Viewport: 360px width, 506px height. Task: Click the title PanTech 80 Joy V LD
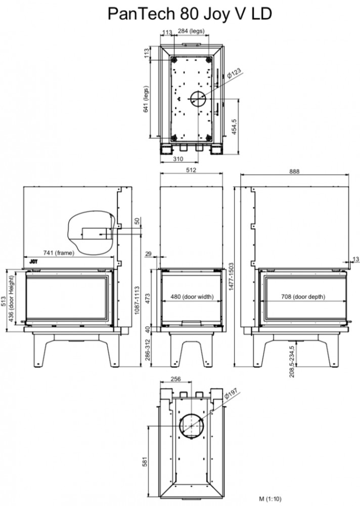point(190,14)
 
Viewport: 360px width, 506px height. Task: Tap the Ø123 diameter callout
point(234,73)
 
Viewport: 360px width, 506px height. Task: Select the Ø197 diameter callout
point(231,393)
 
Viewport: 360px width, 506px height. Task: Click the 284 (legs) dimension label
point(191,31)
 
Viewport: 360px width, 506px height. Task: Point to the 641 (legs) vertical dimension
point(146,99)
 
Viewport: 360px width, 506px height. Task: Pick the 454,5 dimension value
point(234,126)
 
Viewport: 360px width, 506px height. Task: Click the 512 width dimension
point(191,170)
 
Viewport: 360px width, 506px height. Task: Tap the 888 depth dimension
point(294,172)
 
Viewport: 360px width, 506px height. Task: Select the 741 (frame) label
point(59,252)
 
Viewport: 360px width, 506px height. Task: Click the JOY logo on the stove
point(33,262)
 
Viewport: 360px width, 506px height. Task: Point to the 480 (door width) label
point(192,297)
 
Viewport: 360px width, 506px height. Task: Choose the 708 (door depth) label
point(303,297)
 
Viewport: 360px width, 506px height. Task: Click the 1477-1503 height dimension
point(231,276)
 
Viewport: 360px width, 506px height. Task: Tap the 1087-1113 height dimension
point(137,300)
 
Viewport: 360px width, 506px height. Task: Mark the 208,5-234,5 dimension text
point(292,361)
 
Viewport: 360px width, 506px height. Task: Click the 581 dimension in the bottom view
point(145,461)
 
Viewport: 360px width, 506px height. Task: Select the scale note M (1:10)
point(271,499)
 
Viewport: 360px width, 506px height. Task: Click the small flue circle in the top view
point(198,99)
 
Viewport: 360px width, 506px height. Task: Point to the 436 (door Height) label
point(12,299)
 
